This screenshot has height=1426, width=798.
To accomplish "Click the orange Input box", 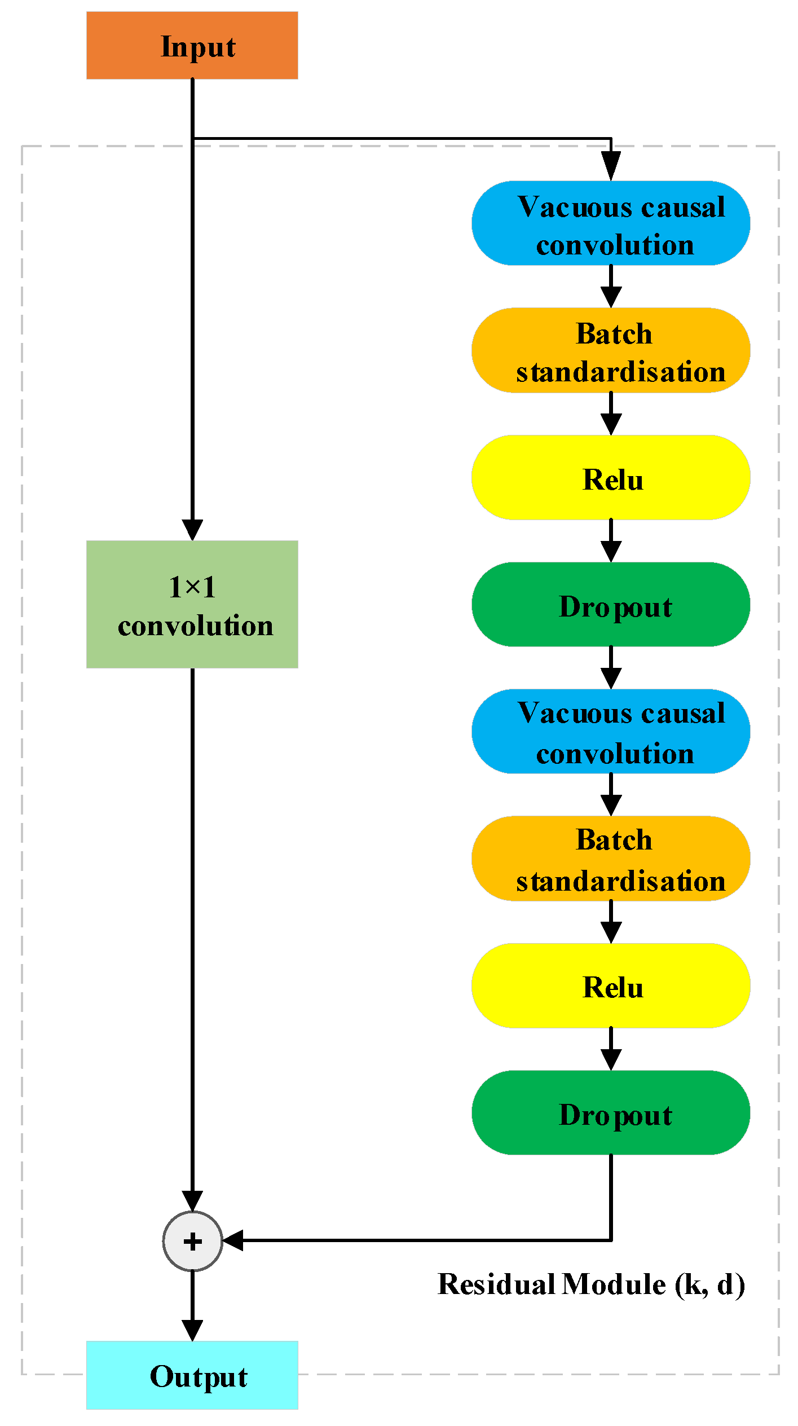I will coord(192,46).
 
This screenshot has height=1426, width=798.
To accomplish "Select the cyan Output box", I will coord(192,1375).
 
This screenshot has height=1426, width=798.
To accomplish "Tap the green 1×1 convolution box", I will coord(192,604).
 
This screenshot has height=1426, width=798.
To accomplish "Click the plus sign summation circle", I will coord(192,1241).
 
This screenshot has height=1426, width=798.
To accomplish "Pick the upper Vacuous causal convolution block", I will coord(611,223).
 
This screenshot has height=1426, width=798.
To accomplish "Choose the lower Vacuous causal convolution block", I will coord(611,732).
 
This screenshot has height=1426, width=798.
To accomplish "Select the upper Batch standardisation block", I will coord(611,350).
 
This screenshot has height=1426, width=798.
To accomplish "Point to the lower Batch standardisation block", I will coord(611,859).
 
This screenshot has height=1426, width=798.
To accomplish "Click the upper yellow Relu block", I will coord(611,478).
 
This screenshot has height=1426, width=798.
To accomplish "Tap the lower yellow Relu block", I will coord(611,985).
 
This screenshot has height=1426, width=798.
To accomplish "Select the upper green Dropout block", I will coord(611,605).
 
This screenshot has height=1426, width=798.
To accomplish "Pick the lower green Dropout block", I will coord(611,1112).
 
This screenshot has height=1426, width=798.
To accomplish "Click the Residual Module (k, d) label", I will coord(591,1285).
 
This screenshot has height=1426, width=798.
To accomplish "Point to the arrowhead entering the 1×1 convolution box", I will coord(192,530).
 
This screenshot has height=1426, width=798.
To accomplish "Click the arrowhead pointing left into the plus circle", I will coord(233,1241).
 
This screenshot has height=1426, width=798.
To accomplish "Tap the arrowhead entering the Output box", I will coord(192,1330).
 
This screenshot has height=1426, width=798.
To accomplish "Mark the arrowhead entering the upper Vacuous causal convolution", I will coord(611,166).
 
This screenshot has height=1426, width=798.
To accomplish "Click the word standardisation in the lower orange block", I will coord(620,881).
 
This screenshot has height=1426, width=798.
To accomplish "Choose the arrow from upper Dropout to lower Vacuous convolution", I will coord(611,668).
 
